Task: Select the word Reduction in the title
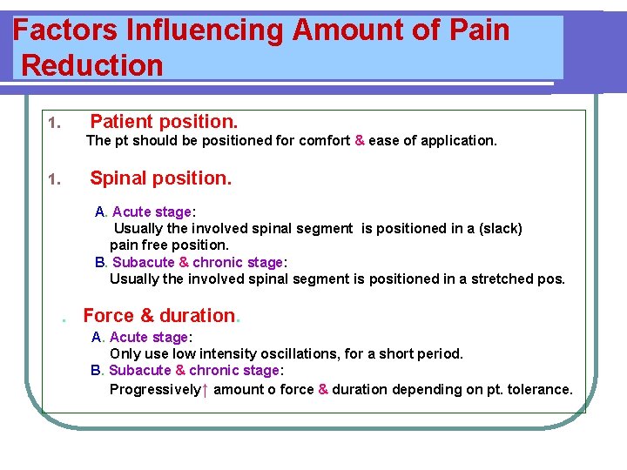coord(92,65)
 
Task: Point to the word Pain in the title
coord(478,30)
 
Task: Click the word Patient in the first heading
coord(122,121)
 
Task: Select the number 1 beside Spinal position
coord(52,180)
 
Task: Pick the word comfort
coord(321,140)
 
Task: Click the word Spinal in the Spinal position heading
coord(118,178)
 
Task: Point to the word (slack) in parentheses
coord(497,229)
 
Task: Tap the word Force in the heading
coord(108,316)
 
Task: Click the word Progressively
coord(154,390)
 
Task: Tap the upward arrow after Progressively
coord(205,390)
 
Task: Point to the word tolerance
coord(539,390)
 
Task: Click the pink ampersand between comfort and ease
coord(359,140)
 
